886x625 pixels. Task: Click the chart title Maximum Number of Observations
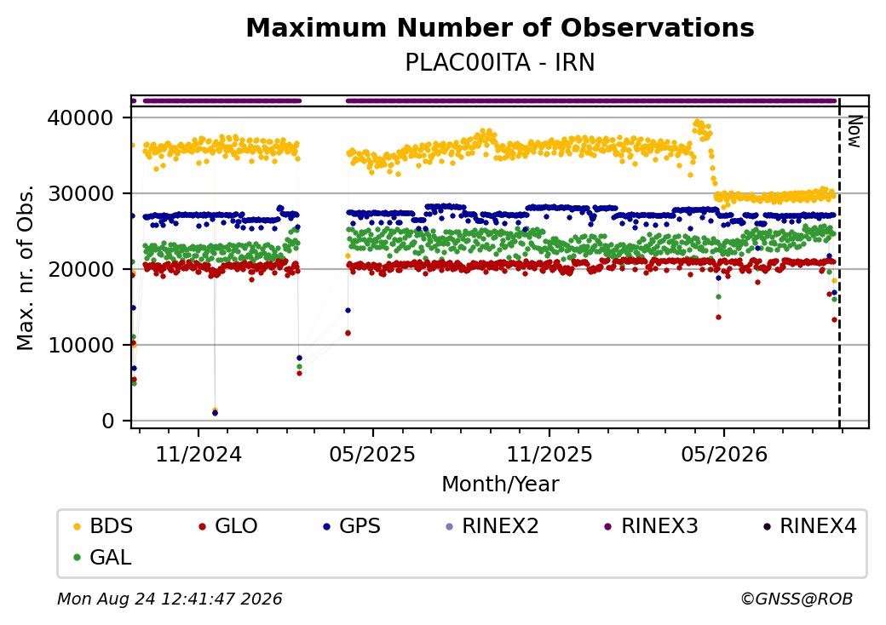[x=500, y=27]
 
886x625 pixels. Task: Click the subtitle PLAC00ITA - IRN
[x=500, y=63]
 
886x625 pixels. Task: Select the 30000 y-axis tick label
[x=81, y=193]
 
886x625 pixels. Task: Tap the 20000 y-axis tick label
[x=81, y=269]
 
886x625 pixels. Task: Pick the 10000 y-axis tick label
[x=81, y=345]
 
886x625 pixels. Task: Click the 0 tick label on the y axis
[x=108, y=421]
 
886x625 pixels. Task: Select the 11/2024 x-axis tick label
[x=198, y=455]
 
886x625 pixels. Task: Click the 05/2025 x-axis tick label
[x=372, y=455]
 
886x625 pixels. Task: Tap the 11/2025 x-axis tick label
[x=549, y=455]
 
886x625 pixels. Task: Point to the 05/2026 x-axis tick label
[x=724, y=455]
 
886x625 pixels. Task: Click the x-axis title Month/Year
[x=500, y=485]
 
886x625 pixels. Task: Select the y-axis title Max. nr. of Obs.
[x=26, y=267]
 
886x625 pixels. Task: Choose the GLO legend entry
[x=228, y=526]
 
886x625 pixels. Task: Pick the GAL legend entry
[x=103, y=557]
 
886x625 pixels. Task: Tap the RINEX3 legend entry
[x=652, y=526]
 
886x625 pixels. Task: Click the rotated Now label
[x=855, y=131]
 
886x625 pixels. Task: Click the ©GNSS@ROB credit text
[x=797, y=599]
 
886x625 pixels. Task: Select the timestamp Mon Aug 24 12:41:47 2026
[x=170, y=599]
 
